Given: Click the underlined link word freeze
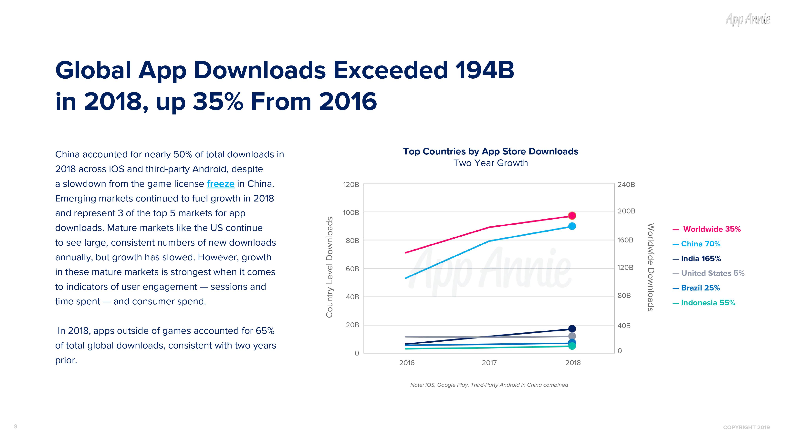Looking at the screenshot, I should tap(220, 184).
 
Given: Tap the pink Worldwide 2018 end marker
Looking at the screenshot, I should tap(572, 216).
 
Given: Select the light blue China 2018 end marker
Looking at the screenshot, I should tap(572, 226).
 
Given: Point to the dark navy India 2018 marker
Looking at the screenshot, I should tap(572, 329).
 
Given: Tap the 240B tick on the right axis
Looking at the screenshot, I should tap(626, 185).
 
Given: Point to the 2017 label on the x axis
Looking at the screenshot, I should tap(489, 363).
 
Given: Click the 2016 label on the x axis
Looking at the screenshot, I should tap(407, 363).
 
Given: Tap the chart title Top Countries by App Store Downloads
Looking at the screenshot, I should tap(490, 152).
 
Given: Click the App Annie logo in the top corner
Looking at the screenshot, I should tap(748, 19).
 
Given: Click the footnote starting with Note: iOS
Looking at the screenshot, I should tap(489, 385).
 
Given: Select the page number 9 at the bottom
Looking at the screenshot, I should tap(16, 426).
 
